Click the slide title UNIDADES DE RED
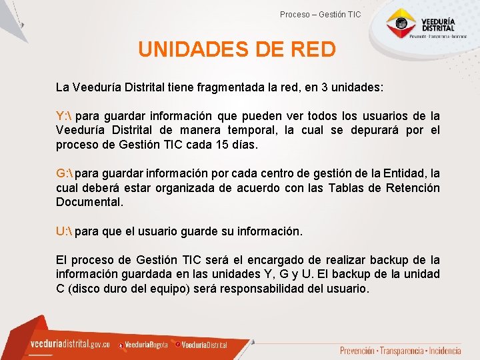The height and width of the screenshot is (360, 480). (x=237, y=50)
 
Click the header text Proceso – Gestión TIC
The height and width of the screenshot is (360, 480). (x=320, y=14)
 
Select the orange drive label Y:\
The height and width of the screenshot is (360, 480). (x=64, y=116)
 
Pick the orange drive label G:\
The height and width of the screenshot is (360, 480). (x=65, y=174)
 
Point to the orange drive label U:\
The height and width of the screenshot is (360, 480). (x=64, y=232)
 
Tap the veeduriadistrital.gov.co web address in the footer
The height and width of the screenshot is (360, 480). (x=70, y=344)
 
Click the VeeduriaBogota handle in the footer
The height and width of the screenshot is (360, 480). (x=146, y=345)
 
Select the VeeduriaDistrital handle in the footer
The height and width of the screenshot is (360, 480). (x=204, y=345)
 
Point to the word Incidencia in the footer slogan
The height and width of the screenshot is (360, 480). (x=443, y=351)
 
